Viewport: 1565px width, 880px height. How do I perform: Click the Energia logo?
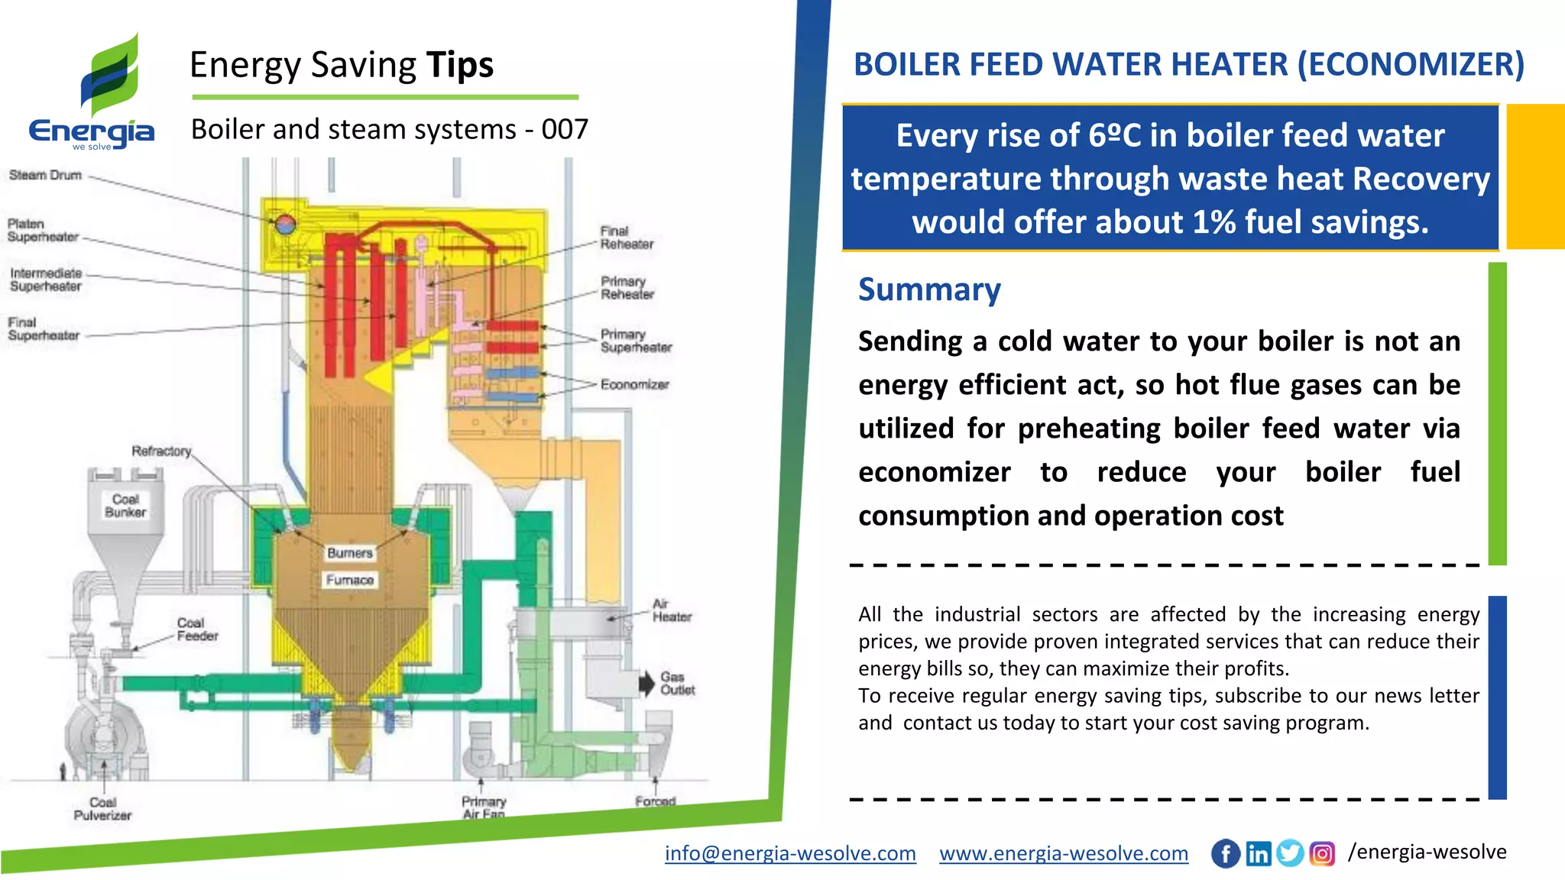click(x=92, y=92)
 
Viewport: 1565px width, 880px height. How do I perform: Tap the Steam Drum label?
click(x=45, y=175)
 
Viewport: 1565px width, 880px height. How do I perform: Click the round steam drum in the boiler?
click(x=285, y=223)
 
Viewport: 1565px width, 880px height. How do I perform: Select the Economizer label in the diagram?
click(x=634, y=384)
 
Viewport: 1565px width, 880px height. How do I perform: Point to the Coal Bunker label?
click(x=125, y=505)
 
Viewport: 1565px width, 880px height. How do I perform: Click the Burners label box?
click(x=349, y=552)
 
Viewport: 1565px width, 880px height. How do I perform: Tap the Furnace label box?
click(x=350, y=580)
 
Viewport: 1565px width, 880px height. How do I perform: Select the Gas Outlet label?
click(x=677, y=683)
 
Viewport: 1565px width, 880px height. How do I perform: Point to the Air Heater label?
click(x=672, y=610)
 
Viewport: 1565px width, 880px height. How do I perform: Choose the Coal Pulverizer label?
click(x=102, y=808)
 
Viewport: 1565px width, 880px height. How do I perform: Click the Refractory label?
click(x=161, y=451)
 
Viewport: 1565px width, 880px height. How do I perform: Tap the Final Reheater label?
click(x=626, y=238)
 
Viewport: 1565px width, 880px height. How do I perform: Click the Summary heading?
click(x=928, y=290)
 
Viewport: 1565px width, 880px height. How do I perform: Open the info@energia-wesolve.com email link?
click(x=790, y=852)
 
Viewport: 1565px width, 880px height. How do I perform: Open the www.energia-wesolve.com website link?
click(x=1064, y=852)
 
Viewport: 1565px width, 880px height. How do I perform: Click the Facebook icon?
click(x=1226, y=853)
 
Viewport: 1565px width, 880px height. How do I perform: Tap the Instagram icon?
click(x=1322, y=853)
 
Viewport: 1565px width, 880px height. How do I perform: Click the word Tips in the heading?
click(x=460, y=65)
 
